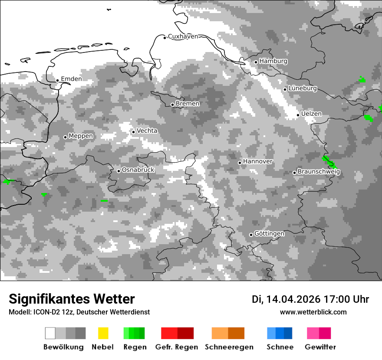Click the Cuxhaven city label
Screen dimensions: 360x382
tap(183, 36)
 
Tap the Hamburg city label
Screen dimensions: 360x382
tap(273, 61)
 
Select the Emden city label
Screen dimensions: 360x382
tap(71, 79)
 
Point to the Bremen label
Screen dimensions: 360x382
tap(188, 104)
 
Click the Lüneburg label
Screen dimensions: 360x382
tap(303, 88)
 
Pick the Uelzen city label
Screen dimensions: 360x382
tap(311, 114)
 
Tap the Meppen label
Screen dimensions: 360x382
tap(81, 136)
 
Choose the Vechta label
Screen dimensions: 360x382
tap(147, 131)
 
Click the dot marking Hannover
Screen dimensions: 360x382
tap(240, 163)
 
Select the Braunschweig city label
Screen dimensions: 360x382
tap(319, 172)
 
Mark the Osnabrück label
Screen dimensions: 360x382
tap(138, 170)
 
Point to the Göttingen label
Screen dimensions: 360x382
tap(269, 234)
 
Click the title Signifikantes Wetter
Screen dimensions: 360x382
tap(72, 299)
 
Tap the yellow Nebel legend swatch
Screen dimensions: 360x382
tap(103, 333)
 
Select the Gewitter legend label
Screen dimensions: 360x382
tap(320, 347)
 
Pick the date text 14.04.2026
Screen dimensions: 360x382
tap(293, 299)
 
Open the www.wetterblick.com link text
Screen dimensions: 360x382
tap(313, 312)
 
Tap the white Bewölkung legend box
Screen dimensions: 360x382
tap(50, 333)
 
